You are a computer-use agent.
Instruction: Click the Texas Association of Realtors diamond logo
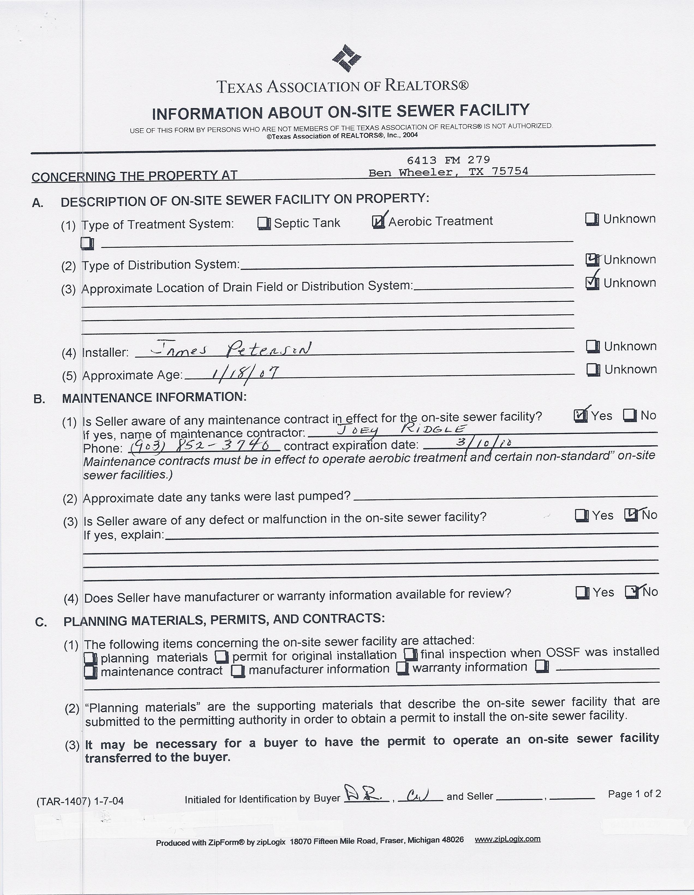(346, 58)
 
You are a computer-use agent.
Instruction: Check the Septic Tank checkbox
(264, 223)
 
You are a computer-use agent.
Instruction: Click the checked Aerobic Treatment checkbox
(378, 222)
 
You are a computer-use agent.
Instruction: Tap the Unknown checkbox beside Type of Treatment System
(592, 219)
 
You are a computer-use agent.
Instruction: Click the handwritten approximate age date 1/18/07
(245, 373)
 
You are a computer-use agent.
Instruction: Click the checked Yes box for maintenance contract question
(580, 416)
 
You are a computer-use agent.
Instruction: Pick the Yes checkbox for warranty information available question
(582, 593)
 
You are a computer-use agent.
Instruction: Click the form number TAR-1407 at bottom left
(80, 801)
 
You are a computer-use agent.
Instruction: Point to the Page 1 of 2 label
(634, 794)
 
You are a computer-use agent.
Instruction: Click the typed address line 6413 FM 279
(448, 160)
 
